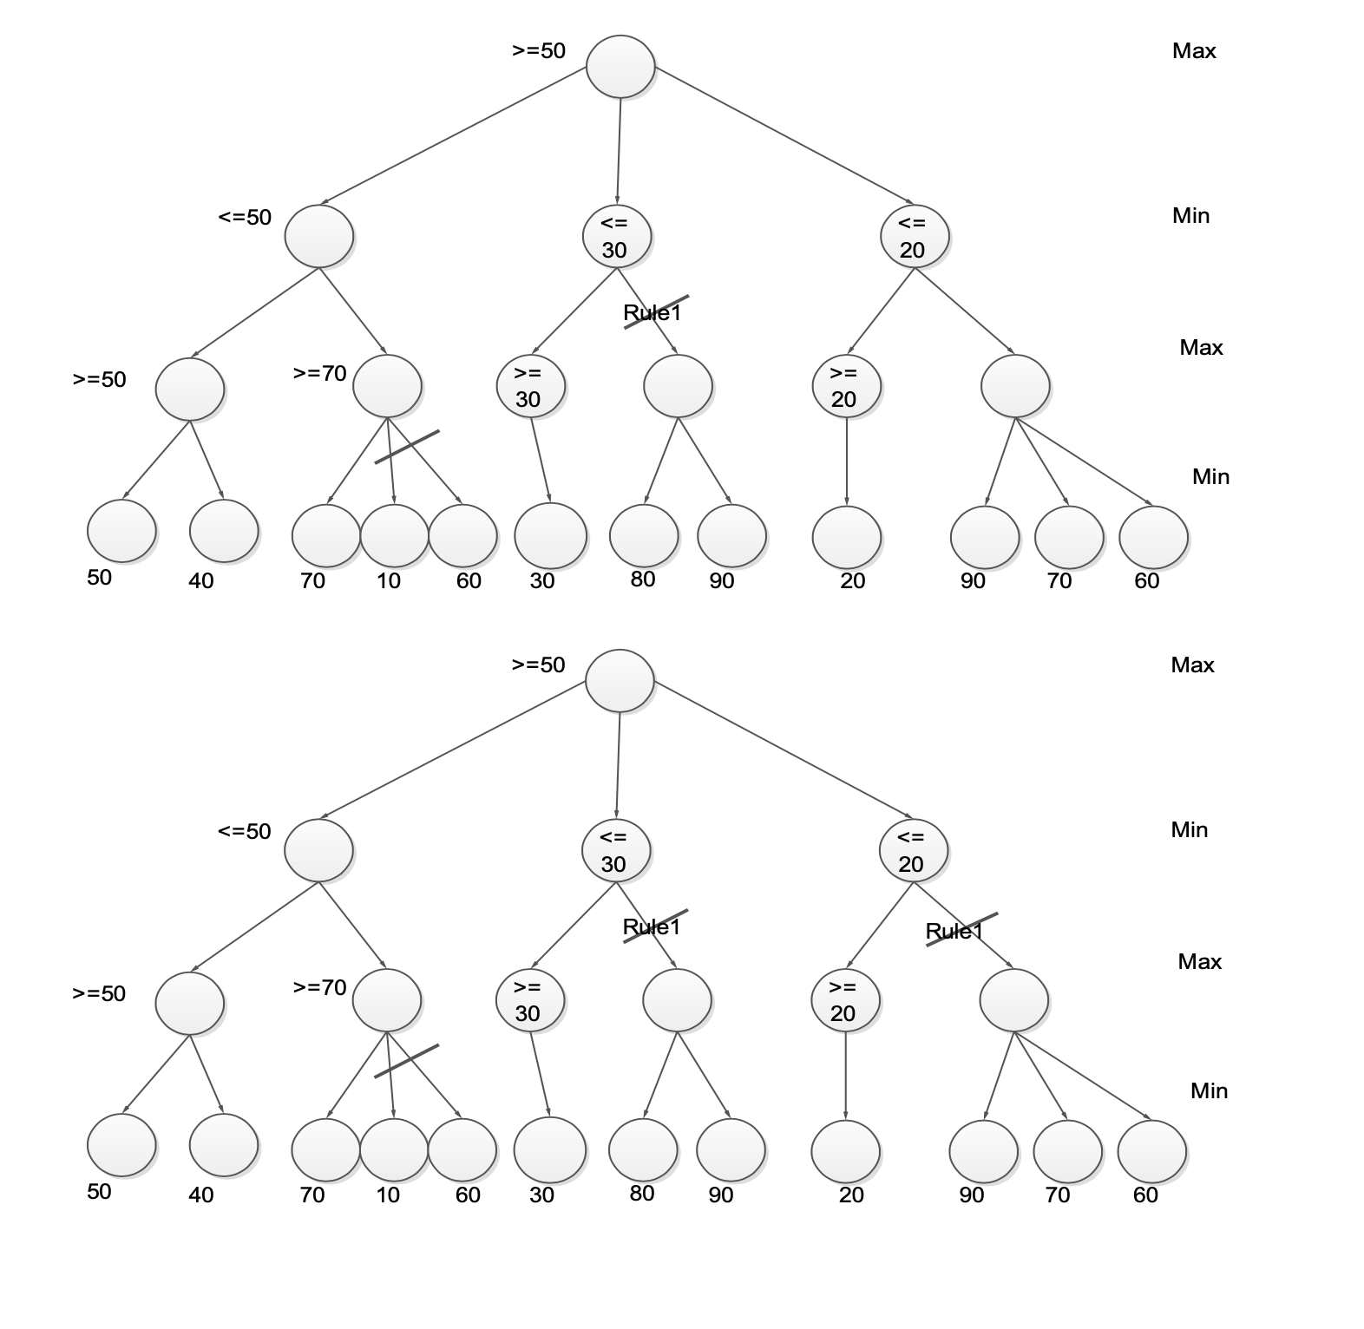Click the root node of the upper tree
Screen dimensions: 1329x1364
coord(620,67)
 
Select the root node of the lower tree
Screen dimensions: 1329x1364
coord(620,681)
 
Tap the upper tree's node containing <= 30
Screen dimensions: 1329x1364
coord(616,236)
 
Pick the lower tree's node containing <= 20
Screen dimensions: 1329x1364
coord(914,850)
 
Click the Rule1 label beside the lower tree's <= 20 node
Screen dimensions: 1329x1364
coord(954,932)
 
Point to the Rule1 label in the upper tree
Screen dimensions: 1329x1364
coord(652,312)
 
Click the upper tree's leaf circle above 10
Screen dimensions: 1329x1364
coord(394,535)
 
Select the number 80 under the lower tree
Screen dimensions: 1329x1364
coord(642,1193)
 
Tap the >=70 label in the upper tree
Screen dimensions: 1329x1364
coord(319,373)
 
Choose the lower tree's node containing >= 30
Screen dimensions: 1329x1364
coord(529,1000)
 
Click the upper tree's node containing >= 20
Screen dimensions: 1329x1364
coord(846,386)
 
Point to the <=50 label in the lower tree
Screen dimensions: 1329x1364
coord(245,831)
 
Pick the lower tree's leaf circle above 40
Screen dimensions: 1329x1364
coord(224,1145)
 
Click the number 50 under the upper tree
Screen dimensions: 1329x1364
coord(100,577)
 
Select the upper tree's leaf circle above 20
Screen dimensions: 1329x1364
coord(847,538)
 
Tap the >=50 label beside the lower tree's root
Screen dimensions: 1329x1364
coord(538,664)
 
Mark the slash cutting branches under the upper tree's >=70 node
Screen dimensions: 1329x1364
coord(407,447)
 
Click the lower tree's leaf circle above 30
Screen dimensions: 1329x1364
coord(550,1150)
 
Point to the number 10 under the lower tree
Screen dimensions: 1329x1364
coord(388,1195)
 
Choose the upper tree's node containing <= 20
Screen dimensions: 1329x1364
coord(915,236)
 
